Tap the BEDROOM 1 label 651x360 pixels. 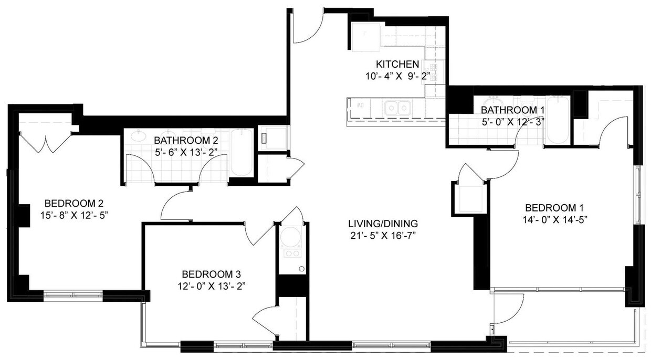[554, 207]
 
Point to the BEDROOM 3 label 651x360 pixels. [211, 274]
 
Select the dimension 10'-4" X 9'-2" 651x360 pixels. [397, 76]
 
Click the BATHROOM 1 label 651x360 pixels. [512, 110]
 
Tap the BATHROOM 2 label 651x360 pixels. [186, 141]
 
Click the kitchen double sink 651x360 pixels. [397, 108]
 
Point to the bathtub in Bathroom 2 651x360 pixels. [241, 152]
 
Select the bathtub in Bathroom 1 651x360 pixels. [557, 120]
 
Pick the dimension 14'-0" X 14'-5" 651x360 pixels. [554, 219]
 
